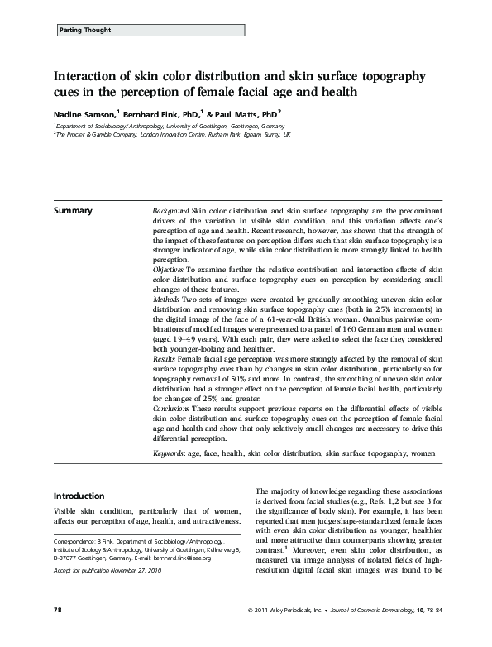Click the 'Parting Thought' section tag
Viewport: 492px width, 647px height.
85,30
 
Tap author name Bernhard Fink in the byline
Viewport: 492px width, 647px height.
159,113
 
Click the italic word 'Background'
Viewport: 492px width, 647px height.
171,212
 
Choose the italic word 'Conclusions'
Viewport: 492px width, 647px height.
175,409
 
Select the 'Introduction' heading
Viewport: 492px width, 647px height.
79,496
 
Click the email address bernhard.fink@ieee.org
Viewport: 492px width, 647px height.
186,558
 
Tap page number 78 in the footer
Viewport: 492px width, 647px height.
58,633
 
